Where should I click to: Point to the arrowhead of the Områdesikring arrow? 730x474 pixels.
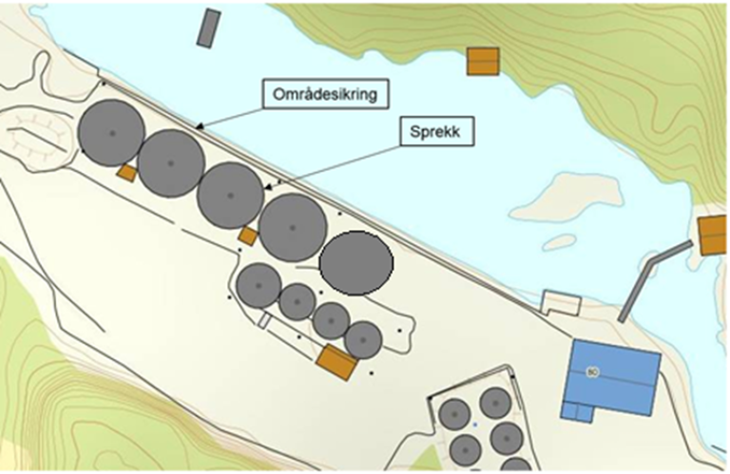[x=197, y=126]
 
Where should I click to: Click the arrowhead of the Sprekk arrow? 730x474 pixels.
[x=269, y=188]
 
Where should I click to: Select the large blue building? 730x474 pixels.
[x=612, y=374]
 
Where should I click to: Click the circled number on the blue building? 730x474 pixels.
[x=591, y=370]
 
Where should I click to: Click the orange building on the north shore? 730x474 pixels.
[x=483, y=62]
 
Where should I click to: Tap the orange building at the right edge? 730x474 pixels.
[x=712, y=235]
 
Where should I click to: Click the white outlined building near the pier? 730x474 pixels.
[x=560, y=303]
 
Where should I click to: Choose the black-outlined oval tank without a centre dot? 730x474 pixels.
[x=355, y=263]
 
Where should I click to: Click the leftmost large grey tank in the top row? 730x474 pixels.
[x=111, y=133]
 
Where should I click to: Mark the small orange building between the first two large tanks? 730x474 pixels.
[x=125, y=173]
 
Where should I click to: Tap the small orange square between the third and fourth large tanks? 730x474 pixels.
[x=248, y=236]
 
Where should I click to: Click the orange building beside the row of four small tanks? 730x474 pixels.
[x=336, y=362]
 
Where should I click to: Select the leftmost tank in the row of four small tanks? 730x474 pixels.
[x=258, y=285]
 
